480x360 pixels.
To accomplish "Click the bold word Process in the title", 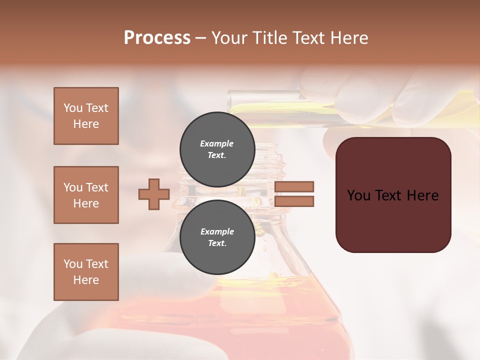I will coord(157,37).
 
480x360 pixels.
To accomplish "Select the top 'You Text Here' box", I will coord(86,116).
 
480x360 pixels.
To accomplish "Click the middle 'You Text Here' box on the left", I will coord(86,195).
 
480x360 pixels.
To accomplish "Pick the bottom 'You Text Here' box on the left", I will coord(86,272).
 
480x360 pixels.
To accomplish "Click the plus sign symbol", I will coord(154,194).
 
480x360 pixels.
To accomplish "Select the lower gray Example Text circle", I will coord(217,237).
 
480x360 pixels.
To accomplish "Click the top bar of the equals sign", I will coord(294,186).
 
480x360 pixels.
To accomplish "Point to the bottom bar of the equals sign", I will coord(294,201).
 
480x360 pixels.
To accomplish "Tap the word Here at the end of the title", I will coord(348,37).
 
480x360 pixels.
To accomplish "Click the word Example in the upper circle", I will coord(217,143).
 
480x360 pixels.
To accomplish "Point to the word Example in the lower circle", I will coord(217,231).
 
